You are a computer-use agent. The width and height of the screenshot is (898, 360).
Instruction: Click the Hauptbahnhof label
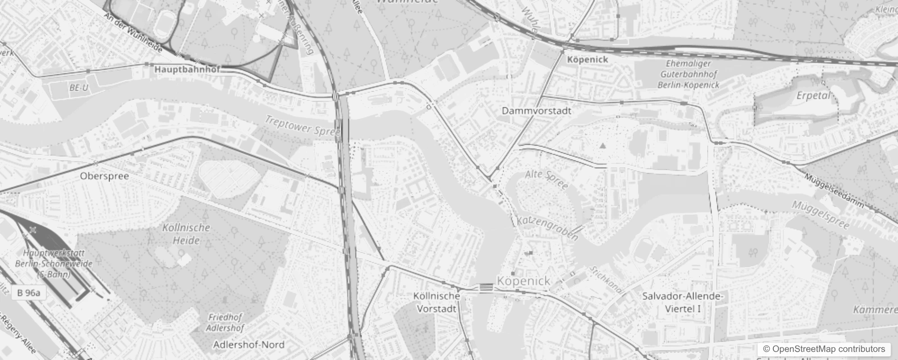[x=187, y=70]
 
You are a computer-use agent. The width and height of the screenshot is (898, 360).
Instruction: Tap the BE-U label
[x=79, y=88]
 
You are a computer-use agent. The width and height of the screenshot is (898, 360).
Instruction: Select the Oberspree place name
[x=104, y=176]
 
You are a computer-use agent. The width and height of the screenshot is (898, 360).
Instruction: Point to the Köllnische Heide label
[x=186, y=234]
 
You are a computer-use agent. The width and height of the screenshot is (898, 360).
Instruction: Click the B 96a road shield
[x=28, y=293]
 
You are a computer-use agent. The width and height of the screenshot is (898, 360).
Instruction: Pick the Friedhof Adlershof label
[x=225, y=323]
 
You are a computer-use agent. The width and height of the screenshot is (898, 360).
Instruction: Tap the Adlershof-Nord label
[x=249, y=345]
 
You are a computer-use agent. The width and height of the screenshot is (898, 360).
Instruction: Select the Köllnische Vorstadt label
[x=436, y=302]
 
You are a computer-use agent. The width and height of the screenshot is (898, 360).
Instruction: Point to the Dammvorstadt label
[x=536, y=111]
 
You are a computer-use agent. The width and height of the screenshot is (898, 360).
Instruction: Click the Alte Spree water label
[x=546, y=179]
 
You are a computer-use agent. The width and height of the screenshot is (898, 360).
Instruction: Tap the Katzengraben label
[x=547, y=228]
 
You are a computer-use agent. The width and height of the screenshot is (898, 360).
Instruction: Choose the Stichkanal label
[x=606, y=280]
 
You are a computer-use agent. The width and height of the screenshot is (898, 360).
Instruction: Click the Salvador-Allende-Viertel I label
[x=682, y=302]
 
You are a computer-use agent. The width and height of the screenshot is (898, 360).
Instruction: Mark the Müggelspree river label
[x=821, y=215]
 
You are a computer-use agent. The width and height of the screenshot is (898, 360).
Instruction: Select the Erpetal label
[x=813, y=96]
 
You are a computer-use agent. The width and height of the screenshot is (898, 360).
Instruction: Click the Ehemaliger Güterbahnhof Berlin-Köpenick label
[x=688, y=74]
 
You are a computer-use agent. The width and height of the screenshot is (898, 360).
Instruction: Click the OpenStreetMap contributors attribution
[x=824, y=349]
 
